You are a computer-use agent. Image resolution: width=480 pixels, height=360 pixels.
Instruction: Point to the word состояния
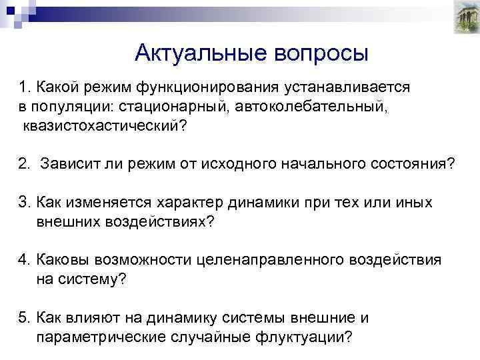416,164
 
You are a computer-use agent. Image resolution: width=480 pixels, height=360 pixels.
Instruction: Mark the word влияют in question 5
89,318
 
